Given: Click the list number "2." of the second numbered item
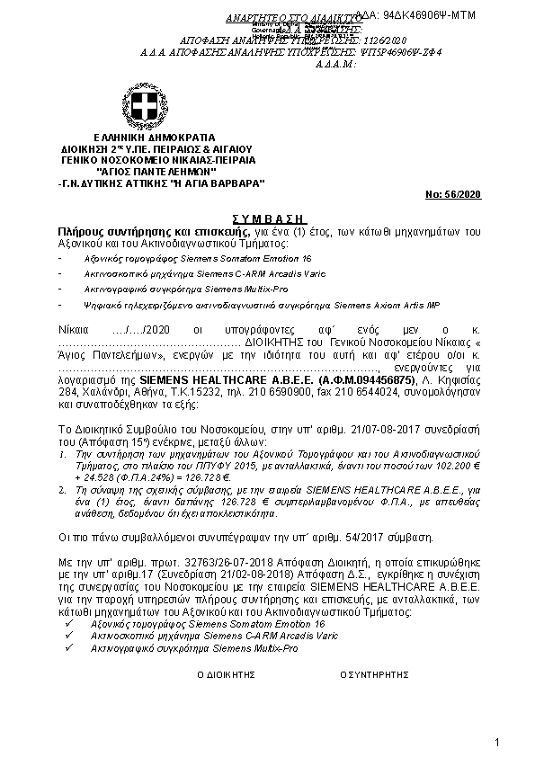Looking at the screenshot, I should [x=62, y=491].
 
